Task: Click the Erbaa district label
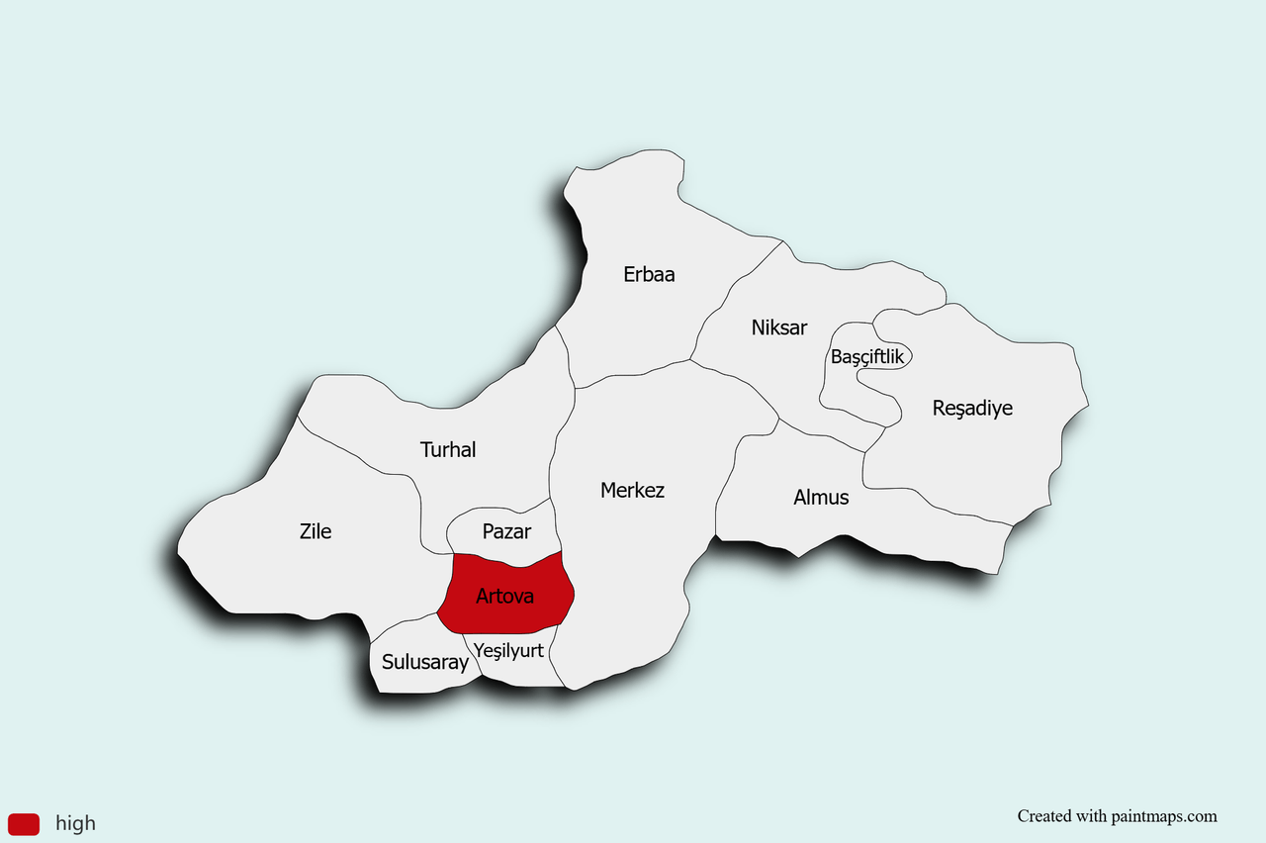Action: pyautogui.click(x=649, y=274)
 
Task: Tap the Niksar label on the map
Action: pyautogui.click(x=779, y=327)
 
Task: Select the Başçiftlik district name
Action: pyautogui.click(x=867, y=357)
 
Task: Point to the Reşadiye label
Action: pyautogui.click(x=972, y=408)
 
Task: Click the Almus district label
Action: pyautogui.click(x=821, y=497)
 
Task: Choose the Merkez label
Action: pyautogui.click(x=632, y=490)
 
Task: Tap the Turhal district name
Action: pyautogui.click(x=448, y=449)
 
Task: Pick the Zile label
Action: pyautogui.click(x=316, y=531)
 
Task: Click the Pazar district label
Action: pyautogui.click(x=506, y=531)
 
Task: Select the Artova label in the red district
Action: pyautogui.click(x=504, y=596)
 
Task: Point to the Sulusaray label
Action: pyautogui.click(x=425, y=662)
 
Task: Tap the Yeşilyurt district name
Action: pyautogui.click(x=508, y=650)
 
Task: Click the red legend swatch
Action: pyautogui.click(x=24, y=823)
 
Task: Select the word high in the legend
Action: pyautogui.click(x=75, y=823)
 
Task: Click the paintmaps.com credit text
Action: pyautogui.click(x=1117, y=816)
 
